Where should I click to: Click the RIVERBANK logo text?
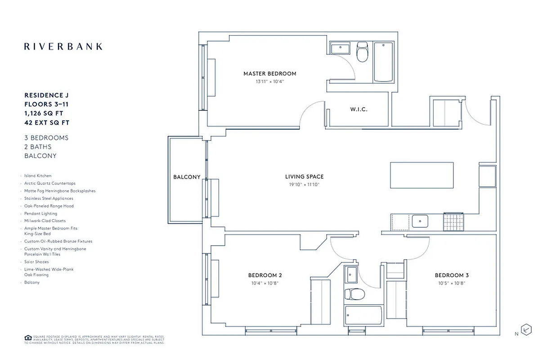63,46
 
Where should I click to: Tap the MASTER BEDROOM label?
270,73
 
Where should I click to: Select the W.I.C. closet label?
359,109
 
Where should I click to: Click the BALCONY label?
187,177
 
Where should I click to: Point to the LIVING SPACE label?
304,177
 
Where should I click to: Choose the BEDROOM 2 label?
265,275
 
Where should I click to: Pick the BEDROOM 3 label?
452,275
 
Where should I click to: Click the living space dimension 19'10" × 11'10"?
304,185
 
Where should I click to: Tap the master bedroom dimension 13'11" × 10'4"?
270,81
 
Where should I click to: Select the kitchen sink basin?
420,221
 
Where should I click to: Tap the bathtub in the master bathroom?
383,62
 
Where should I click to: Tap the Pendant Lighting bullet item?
40,214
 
